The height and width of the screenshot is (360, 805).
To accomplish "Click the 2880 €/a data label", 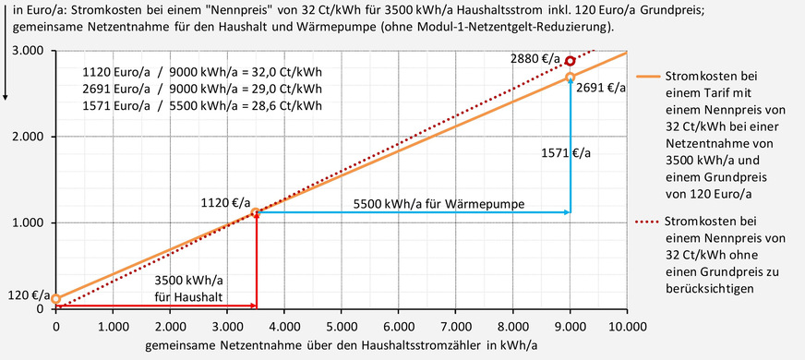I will tap(536, 58).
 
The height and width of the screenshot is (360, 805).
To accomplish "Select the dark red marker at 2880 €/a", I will tap(571, 61).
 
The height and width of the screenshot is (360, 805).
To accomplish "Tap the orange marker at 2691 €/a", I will tap(571, 78).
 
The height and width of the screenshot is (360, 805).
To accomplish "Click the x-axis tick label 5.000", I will tap(342, 325).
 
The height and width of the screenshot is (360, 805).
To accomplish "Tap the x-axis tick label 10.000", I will tap(625, 325).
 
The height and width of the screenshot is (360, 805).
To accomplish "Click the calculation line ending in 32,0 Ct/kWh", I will tap(202, 71).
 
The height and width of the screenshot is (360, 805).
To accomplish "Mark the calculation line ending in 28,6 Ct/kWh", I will tap(202, 106).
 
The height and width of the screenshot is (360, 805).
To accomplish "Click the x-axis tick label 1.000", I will tap(113, 325).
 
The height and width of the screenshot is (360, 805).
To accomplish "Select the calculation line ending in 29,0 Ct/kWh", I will tap(202, 89).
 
